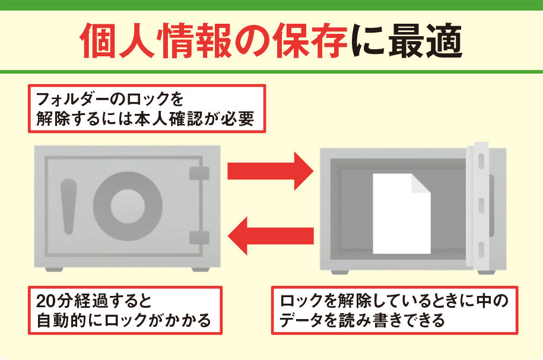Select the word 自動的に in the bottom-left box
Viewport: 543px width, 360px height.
65,321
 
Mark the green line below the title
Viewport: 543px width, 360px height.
271,72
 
